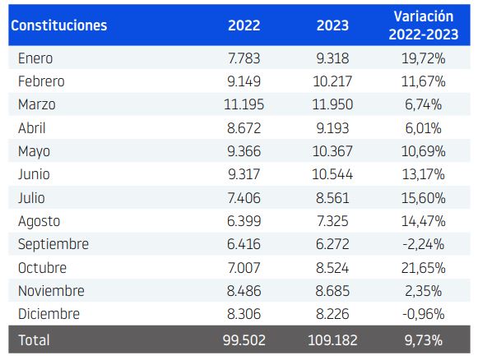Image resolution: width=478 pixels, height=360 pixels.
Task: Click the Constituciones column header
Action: point(58,25)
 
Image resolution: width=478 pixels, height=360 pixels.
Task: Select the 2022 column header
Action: point(244,25)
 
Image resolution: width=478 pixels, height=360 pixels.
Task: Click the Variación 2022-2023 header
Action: point(423,25)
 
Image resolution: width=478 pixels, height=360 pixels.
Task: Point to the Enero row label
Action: point(35,58)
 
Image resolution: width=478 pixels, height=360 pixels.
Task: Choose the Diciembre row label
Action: point(49,314)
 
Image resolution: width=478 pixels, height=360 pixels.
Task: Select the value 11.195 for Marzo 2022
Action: point(244,104)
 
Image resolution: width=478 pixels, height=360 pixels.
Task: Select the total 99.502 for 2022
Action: point(244,339)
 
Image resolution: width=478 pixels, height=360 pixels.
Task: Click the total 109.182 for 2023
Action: point(332,339)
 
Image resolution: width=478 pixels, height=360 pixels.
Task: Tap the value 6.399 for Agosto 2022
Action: point(244,221)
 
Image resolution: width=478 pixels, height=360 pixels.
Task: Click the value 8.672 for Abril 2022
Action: point(244,128)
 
